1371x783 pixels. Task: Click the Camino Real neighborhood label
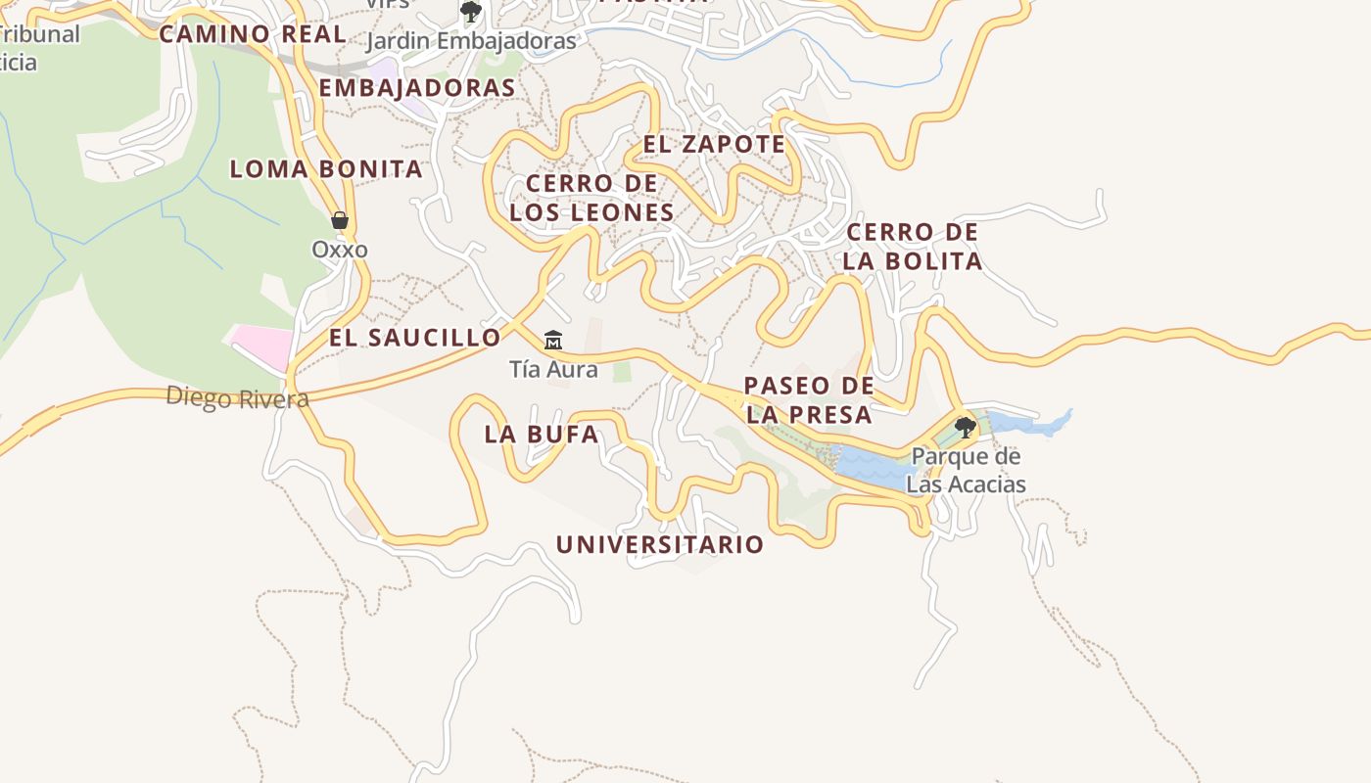253,34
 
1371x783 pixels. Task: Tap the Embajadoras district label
417,88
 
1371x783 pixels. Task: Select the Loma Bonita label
326,169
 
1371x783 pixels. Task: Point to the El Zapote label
714,145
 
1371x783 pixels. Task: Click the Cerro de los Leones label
591,198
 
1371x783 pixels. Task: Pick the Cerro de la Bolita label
913,247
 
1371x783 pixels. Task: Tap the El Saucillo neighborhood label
414,339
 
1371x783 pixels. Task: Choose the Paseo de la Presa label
809,399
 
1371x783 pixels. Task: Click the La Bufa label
542,435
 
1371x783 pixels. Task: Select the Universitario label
660,545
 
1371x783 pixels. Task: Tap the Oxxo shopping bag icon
340,220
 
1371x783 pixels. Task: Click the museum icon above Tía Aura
553,341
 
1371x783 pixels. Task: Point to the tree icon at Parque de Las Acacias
966,427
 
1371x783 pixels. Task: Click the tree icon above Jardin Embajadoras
471,12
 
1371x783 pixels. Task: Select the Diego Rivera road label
237,398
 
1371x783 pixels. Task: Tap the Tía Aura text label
553,370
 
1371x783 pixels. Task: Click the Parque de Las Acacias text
966,471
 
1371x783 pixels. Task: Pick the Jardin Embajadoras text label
471,41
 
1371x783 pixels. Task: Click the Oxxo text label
340,250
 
